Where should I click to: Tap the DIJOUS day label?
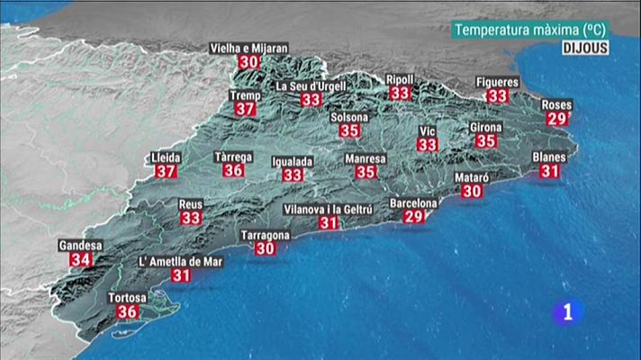point(587,48)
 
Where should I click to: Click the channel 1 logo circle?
point(567,312)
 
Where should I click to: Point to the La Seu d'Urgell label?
point(311,85)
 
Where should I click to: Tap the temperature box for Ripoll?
point(400,93)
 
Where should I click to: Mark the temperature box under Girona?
point(486,141)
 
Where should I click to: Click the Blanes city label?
point(549,157)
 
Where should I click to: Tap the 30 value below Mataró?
point(472,191)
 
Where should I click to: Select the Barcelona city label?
point(413,203)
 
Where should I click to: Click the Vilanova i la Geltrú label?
point(329,209)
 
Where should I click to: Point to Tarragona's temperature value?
point(265,248)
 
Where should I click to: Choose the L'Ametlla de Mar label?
point(181,262)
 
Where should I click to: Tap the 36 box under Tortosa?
point(127,311)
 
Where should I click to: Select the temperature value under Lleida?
point(165,171)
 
